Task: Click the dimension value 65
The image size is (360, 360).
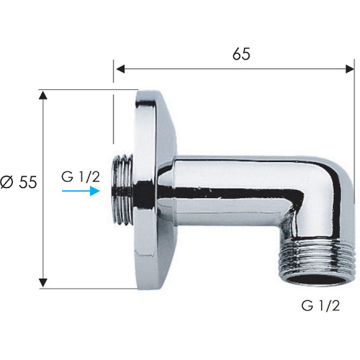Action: point(241,54)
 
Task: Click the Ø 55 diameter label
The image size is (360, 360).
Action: point(19,182)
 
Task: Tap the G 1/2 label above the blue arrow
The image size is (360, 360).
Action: point(81,177)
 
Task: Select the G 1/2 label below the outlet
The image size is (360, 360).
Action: point(320,305)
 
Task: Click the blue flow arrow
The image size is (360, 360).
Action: point(81,191)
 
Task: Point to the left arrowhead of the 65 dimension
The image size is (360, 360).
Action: point(120,69)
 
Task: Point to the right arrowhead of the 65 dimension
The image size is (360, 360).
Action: point(349,69)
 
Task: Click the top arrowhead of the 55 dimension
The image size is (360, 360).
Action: point(43,95)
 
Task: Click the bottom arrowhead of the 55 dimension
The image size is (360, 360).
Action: point(43,283)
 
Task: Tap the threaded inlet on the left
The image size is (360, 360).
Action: point(122,189)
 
